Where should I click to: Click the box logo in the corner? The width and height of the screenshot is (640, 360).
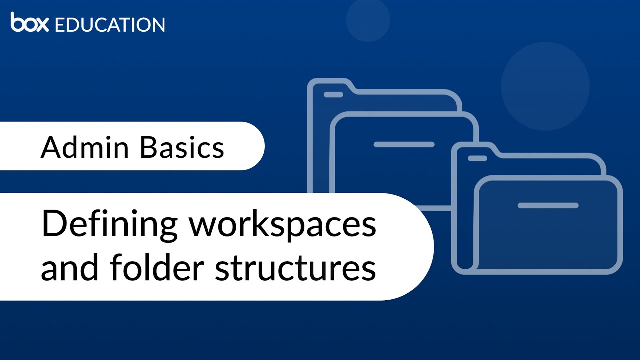click(30, 23)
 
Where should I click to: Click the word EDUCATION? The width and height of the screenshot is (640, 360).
click(110, 24)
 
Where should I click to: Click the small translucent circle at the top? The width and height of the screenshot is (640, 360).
click(368, 20)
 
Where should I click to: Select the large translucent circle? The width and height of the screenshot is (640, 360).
click(545, 86)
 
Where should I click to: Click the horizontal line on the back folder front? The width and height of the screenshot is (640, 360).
click(404, 145)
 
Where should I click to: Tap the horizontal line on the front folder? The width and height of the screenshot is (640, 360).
click(548, 205)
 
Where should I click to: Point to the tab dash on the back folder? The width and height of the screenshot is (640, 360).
click(333, 94)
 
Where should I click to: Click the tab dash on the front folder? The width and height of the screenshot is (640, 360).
click(477, 158)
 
